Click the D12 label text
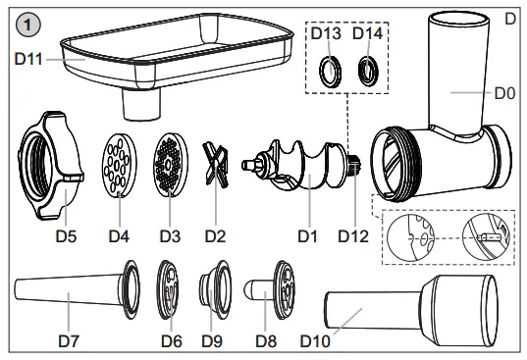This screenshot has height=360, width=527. [355, 236]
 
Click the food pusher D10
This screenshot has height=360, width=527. [412, 305]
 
